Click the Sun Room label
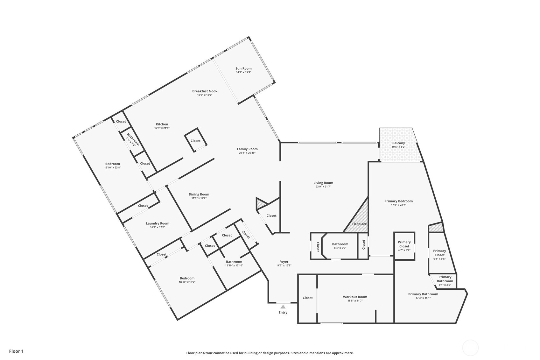[x=243, y=68]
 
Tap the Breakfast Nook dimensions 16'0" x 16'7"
[x=205, y=95]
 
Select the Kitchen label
[x=162, y=124]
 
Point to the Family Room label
[x=247, y=149]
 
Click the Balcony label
[x=398, y=143]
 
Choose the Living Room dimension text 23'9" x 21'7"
[x=323, y=187]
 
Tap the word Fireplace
[x=360, y=224]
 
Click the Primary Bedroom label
[x=398, y=201]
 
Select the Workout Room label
[x=355, y=297]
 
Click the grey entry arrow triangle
[x=283, y=307]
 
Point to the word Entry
[x=283, y=313]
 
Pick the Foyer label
[x=284, y=262]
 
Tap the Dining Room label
[x=199, y=194]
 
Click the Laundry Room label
[x=158, y=223]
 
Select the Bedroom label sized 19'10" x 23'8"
[x=113, y=164]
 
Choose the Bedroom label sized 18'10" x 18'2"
[x=187, y=278]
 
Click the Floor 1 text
[x=17, y=351]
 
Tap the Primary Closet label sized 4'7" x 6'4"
[x=404, y=244]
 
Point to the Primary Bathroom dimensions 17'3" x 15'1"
[x=423, y=298]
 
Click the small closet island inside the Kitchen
[x=195, y=140]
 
